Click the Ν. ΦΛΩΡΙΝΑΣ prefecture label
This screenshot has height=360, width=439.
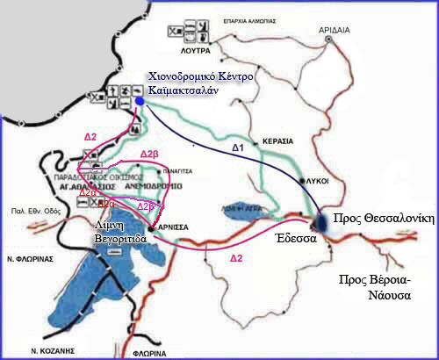[x=29, y=259]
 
